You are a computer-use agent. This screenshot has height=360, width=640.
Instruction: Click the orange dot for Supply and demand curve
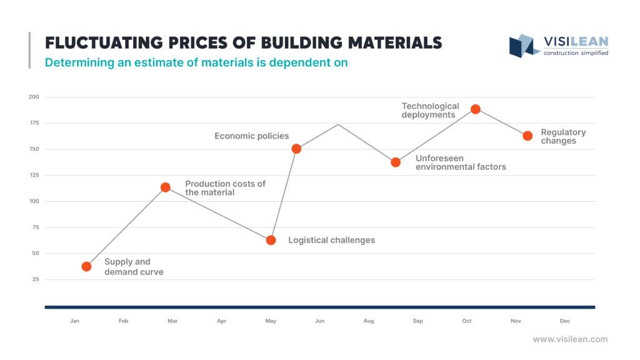click(86, 266)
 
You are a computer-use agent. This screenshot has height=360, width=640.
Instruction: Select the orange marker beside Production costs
click(166, 187)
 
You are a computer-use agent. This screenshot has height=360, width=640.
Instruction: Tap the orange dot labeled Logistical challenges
click(271, 240)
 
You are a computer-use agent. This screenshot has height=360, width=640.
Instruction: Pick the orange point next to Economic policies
click(296, 149)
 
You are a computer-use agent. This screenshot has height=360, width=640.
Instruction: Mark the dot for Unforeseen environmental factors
click(396, 162)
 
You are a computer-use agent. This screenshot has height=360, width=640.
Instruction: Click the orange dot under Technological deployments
click(476, 109)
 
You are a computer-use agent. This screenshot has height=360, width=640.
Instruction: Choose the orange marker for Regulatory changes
click(527, 136)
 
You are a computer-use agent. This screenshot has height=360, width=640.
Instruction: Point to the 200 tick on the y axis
click(34, 97)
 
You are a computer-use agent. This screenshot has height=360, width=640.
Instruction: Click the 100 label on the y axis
click(34, 201)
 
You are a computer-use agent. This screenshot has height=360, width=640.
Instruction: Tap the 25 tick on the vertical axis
click(35, 279)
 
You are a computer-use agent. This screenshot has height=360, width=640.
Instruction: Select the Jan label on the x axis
click(74, 321)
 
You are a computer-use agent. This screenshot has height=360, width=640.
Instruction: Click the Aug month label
click(369, 321)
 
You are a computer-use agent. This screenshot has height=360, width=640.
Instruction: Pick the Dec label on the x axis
click(565, 321)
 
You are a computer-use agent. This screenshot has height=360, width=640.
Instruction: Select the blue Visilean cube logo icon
click(524, 46)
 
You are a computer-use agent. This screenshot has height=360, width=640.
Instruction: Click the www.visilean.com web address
click(570, 339)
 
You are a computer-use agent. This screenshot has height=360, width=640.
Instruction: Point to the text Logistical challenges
click(331, 240)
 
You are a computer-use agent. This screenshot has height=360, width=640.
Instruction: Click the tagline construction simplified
click(576, 53)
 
